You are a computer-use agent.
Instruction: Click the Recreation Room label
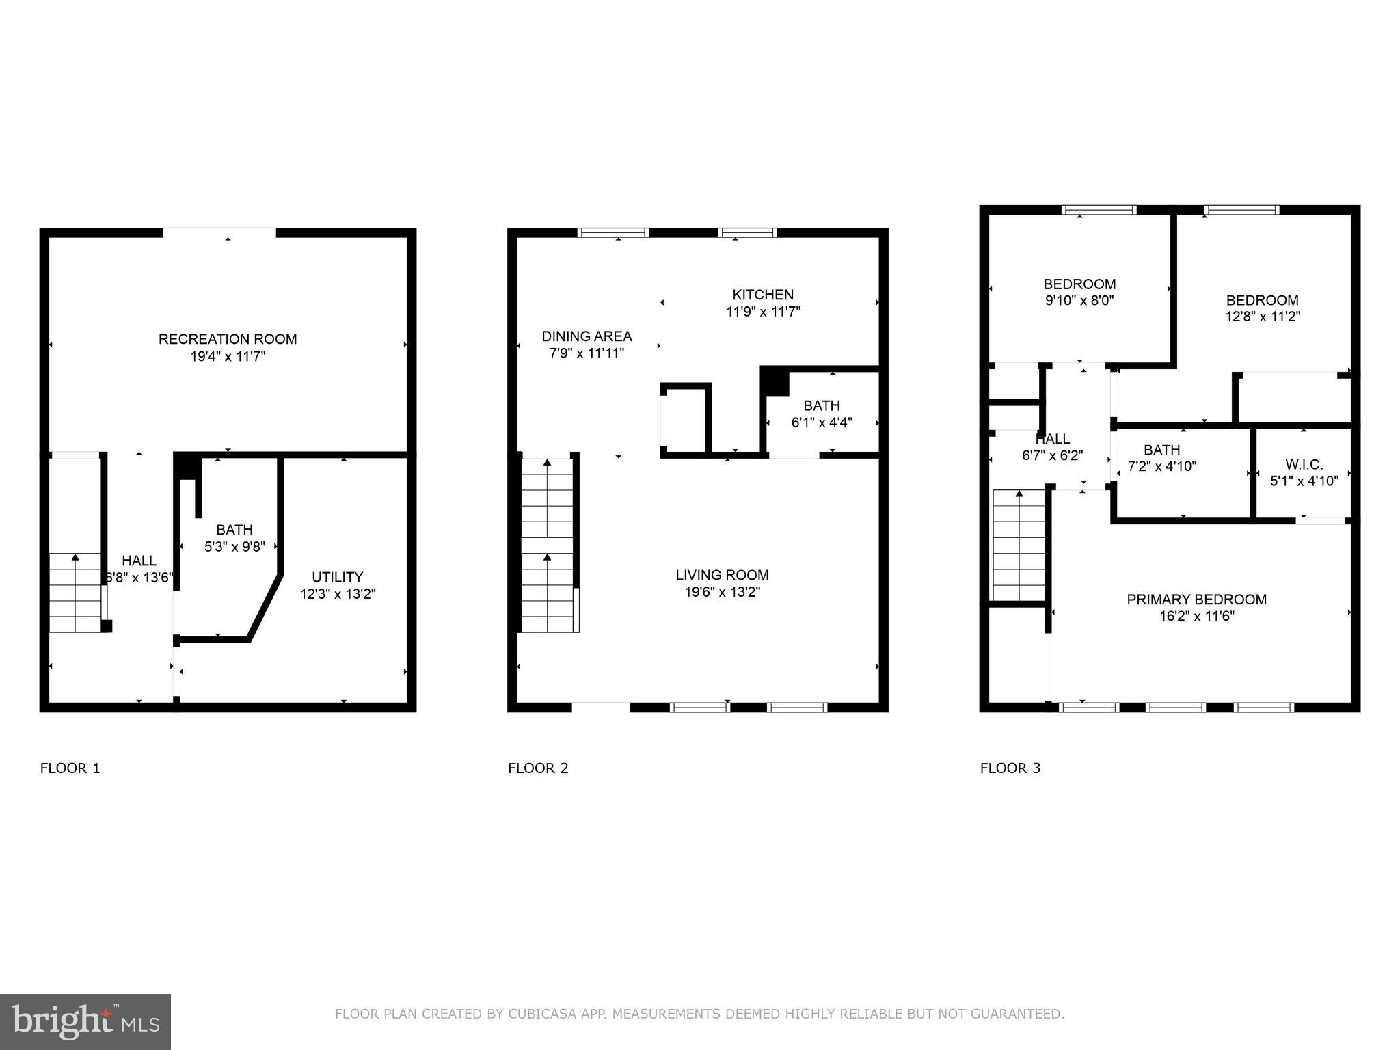point(228,339)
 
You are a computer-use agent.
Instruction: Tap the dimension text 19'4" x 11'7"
point(228,356)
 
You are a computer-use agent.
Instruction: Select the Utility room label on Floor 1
point(337,577)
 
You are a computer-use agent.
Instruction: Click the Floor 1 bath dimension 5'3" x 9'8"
point(234,547)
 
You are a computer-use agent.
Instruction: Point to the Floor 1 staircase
point(75,593)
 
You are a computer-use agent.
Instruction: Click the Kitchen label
point(763,295)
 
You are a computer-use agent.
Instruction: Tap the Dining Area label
point(587,336)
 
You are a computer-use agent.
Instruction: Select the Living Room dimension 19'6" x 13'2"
point(723,592)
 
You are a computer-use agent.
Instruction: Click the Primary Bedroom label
point(1196,600)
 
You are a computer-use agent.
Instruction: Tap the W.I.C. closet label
point(1304,465)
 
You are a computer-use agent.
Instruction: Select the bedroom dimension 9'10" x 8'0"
point(1079,300)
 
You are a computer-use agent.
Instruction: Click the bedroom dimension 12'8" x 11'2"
point(1262,317)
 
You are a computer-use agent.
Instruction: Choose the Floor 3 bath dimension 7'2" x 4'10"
point(1161,466)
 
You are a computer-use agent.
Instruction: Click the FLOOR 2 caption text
point(538,768)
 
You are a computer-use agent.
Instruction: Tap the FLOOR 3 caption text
point(1010,768)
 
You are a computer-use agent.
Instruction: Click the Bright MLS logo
point(85,1021)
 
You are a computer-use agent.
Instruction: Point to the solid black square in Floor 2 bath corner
point(775,381)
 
